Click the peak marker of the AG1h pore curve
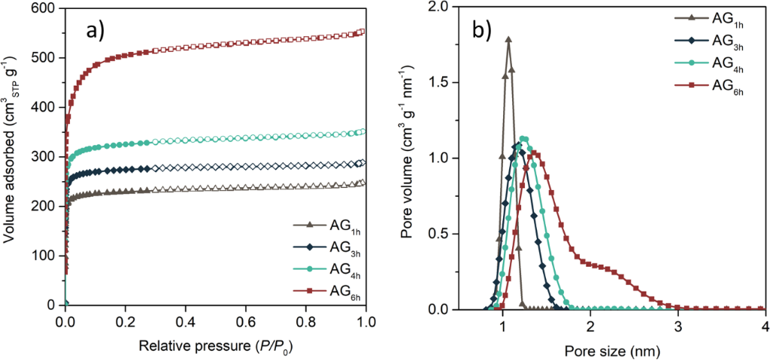tap(508, 39)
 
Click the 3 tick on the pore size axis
tap(678, 325)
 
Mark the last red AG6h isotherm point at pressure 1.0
tap(363, 32)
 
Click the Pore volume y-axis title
tap(408, 158)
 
